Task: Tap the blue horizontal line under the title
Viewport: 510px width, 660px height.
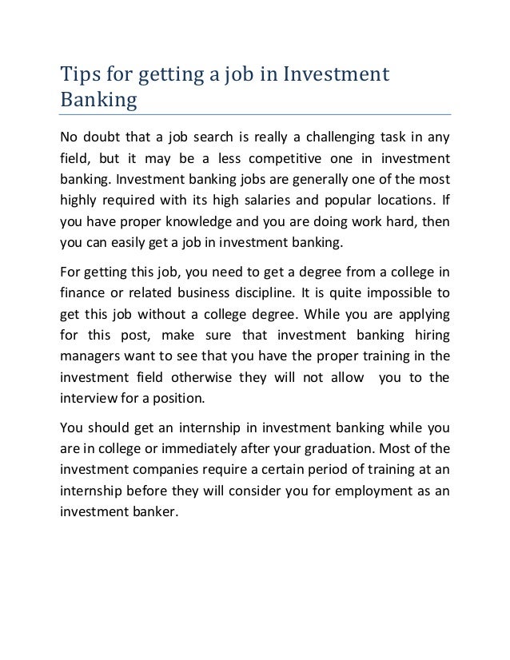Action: [256, 114]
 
